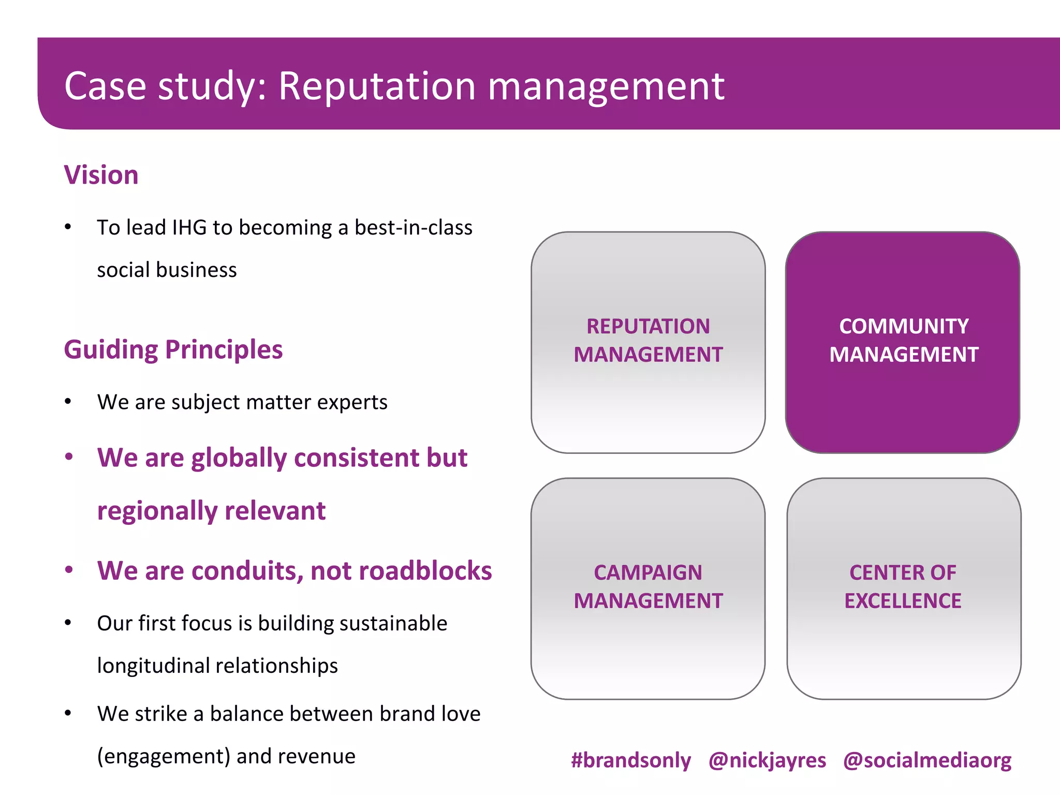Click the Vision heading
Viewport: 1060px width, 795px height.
[101, 175]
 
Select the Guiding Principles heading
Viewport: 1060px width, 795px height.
[173, 349]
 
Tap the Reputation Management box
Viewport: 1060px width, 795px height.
[648, 342]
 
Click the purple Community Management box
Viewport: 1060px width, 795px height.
[903, 342]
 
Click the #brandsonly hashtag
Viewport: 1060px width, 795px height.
[630, 760]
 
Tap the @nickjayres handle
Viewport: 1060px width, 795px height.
[767, 760]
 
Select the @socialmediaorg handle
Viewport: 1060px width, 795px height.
[927, 760]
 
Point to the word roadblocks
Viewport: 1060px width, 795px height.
[425, 571]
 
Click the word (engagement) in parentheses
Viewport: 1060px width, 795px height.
[164, 757]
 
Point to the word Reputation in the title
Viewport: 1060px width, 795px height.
[377, 86]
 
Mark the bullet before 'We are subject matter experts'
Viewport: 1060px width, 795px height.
[68, 402]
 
